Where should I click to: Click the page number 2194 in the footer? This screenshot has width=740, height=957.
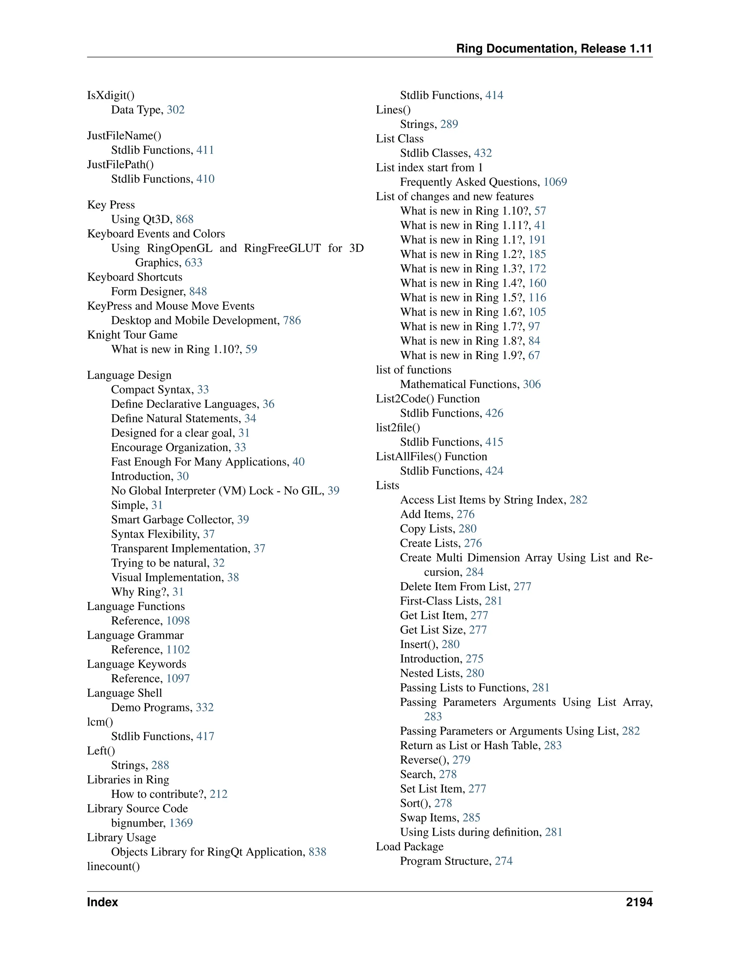639,902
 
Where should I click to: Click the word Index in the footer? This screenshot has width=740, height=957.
103,902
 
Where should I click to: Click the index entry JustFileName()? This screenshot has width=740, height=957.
124,136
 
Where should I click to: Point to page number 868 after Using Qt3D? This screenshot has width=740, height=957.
185,219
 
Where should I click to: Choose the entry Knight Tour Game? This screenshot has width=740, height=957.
132,335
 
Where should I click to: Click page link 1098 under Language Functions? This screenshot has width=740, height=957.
178,620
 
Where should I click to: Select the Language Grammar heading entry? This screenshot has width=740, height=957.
135,635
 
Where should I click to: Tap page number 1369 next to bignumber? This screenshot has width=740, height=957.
181,823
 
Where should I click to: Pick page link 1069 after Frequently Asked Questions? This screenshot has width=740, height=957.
555,182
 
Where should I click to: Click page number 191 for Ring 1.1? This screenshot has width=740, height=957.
537,240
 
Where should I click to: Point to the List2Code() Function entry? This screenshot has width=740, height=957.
427,399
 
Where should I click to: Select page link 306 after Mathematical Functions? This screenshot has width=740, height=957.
532,384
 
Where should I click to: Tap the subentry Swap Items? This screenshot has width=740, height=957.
428,818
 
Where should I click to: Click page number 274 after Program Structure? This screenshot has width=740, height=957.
504,861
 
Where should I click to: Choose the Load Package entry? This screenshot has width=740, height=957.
409,846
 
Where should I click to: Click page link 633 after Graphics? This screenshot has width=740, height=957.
193,263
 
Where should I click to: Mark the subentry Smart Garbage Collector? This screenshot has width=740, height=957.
172,520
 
